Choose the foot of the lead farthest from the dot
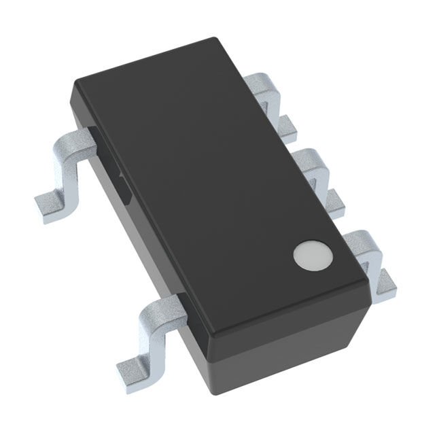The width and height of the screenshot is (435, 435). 288,124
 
